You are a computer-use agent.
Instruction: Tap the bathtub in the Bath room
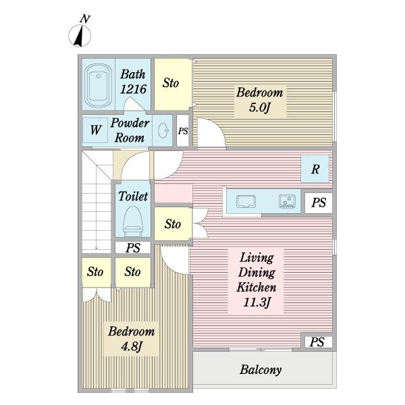click(98, 86)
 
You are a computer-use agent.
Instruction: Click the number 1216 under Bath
click(133, 89)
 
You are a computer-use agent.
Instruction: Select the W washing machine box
click(95, 130)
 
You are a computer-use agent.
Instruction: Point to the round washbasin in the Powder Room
click(163, 131)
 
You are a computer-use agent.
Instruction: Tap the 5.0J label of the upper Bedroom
click(259, 107)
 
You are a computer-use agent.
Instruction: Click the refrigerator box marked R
click(315, 169)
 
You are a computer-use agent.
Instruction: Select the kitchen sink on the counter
click(246, 201)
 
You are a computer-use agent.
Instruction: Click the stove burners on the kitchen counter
click(287, 201)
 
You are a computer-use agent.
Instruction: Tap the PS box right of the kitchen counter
click(319, 203)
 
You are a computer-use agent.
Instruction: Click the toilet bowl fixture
click(133, 221)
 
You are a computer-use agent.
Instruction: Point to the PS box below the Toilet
click(133, 248)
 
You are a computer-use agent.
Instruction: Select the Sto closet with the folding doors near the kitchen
click(173, 224)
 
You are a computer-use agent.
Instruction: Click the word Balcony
click(261, 370)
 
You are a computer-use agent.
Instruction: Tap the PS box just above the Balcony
click(317, 342)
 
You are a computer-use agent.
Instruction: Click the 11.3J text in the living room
click(256, 302)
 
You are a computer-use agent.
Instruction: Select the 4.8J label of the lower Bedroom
click(132, 346)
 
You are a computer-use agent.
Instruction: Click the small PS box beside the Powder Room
click(183, 131)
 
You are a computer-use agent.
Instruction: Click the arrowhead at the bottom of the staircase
click(96, 248)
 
